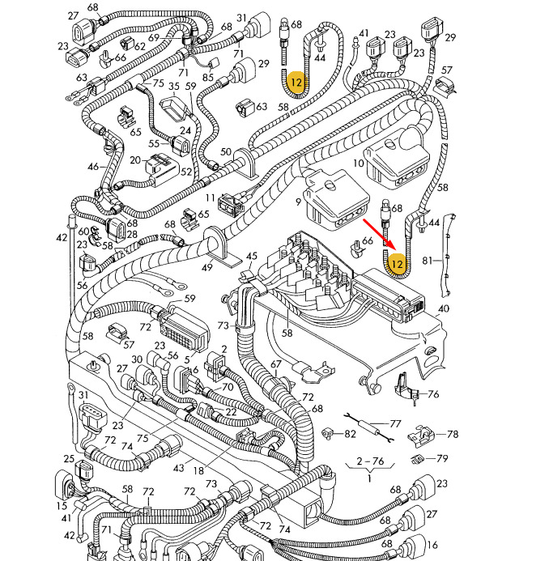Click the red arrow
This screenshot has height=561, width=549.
coord(379,234)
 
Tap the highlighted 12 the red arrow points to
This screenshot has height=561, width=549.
coord(398,265)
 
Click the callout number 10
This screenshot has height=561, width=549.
coord(358,164)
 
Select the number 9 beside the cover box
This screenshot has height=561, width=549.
coord(299,202)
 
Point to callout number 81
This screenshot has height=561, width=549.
coord(427,261)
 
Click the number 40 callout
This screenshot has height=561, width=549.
coord(444,308)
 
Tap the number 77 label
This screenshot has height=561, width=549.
coord(395,424)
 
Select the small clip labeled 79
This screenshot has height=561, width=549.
coord(417,459)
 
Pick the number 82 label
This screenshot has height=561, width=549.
coord(350,434)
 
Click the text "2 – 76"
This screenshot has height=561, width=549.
coord(370,461)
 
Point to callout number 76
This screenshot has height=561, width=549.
coord(433,394)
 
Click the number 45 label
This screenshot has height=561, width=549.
coord(252,256)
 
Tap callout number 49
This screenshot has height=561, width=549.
coord(206,267)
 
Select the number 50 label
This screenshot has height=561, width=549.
coord(225,151)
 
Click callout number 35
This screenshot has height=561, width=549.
coord(174,87)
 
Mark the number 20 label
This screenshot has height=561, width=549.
coord(135,160)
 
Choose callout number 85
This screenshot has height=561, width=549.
coord(208,77)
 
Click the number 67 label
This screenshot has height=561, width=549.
coord(275,364)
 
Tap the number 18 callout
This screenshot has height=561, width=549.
coord(198,471)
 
